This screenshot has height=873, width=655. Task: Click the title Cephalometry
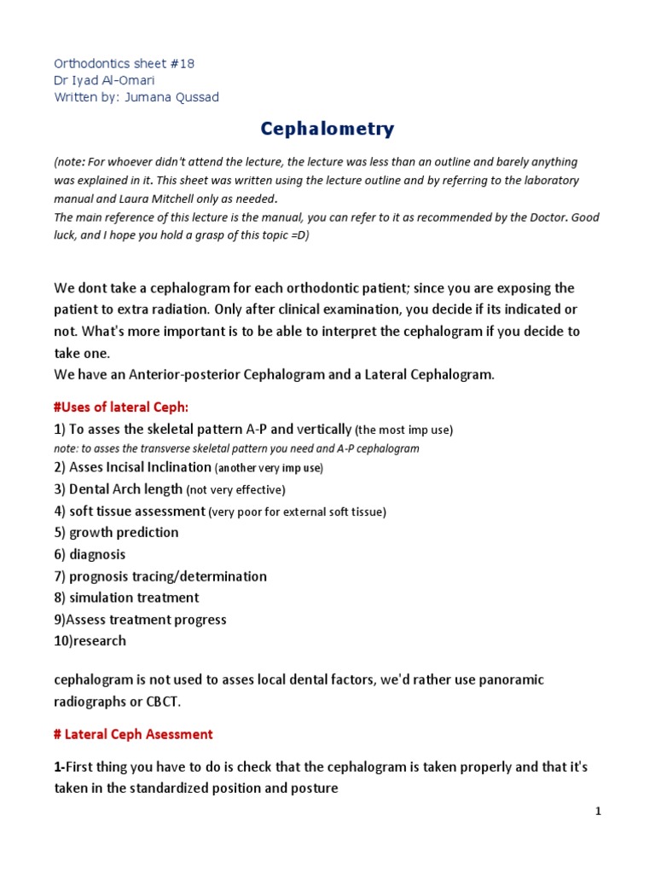pos(327,129)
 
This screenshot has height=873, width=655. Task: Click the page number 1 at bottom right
pos(599,812)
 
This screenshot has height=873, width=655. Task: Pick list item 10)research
pos(90,640)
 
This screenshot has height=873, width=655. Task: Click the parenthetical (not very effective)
pos(236,490)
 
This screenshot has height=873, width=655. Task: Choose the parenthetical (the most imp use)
pos(403,430)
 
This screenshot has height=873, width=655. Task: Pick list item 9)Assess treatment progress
pos(140,619)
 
